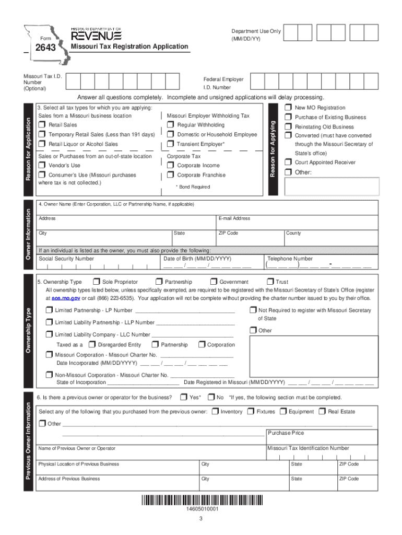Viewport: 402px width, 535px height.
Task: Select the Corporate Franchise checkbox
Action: pos(171,176)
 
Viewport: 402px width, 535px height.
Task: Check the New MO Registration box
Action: pos(288,108)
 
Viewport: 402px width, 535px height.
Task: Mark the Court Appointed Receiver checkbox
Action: pos(288,162)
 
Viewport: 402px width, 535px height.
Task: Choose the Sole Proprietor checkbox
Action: pos(96,282)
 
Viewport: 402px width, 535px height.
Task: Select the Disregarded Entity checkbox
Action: pos(92,345)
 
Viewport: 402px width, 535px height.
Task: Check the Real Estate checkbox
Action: pos(322,412)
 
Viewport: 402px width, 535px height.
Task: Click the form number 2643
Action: pos(45,49)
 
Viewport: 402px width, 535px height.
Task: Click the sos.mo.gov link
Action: pos(66,298)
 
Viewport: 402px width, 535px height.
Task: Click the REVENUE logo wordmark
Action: pos(96,35)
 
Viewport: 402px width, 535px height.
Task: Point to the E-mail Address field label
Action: pos(234,218)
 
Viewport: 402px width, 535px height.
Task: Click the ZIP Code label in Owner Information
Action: pos(228,233)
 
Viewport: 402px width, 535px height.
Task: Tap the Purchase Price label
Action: pos(286,433)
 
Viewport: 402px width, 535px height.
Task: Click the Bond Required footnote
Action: pos(193,187)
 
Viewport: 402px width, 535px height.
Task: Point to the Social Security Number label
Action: pos(66,259)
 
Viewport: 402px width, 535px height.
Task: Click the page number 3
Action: pos(200,519)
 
